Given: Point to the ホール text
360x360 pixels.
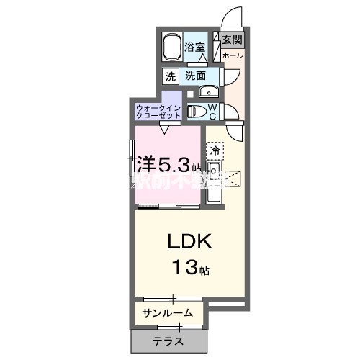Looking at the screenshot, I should (232, 55).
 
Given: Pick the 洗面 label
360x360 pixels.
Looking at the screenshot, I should (195, 76).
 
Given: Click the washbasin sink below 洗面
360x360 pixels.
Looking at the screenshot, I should (208, 91).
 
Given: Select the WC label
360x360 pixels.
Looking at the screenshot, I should (213, 111).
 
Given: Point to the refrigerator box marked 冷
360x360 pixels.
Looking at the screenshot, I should (214, 150).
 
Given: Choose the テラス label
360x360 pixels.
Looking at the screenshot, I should (167, 341).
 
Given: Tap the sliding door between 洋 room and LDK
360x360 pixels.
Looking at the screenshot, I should (168, 207).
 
